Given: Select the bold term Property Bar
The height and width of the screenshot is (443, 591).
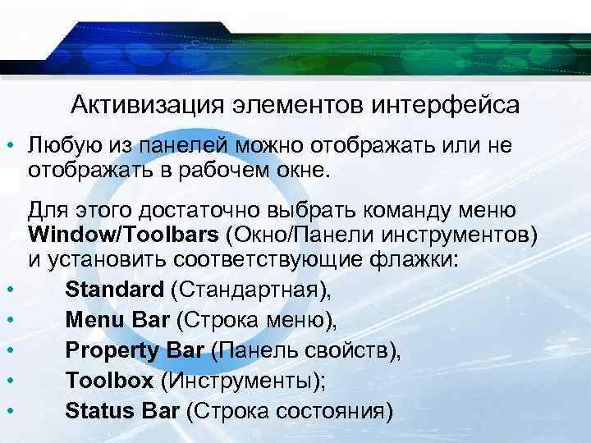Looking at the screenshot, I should coord(135,351).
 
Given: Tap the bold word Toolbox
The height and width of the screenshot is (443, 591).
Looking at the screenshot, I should coord(109,381).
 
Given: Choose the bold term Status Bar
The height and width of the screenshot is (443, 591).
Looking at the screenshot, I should coord(121,410).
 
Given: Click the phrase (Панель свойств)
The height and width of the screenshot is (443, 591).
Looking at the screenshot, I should coord(306,351).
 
